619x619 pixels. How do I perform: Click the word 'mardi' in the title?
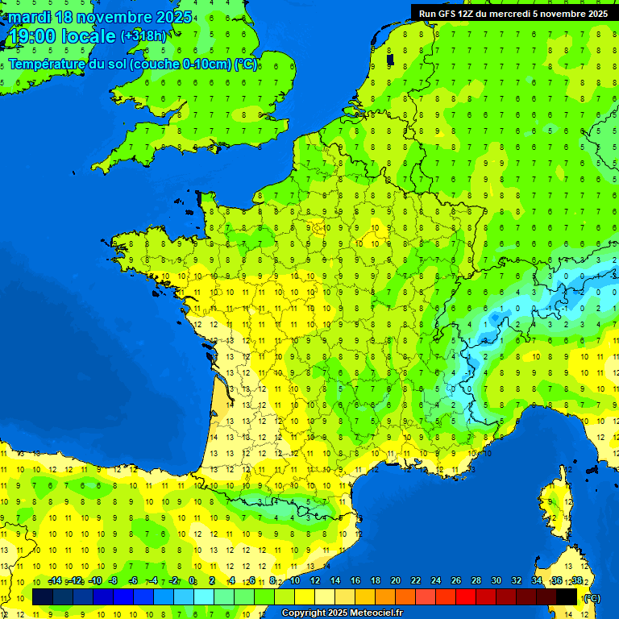28,17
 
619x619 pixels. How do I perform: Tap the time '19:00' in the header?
32,36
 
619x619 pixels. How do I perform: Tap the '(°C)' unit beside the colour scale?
591,597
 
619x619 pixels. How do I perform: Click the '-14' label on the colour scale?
55,580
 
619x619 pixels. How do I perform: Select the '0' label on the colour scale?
192,580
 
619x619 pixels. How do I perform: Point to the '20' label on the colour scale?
395,580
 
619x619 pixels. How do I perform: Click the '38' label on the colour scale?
576,580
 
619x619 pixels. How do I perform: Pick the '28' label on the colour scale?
476,580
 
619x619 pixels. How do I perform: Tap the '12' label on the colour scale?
314,580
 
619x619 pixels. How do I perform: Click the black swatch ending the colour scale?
567,597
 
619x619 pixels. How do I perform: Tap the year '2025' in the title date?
170,17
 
